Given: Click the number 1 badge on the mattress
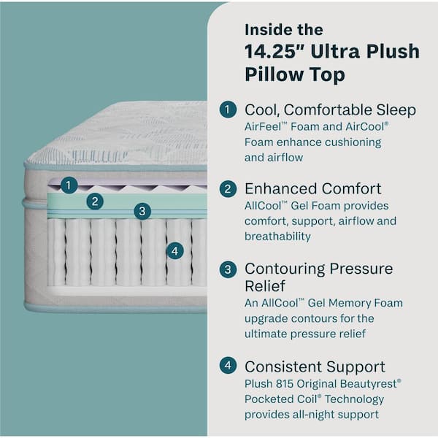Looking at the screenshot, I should click(68, 185).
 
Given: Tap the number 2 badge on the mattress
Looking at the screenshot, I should click(94, 201).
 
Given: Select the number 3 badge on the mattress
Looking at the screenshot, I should click(142, 212).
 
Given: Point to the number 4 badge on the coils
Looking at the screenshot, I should click(174, 250).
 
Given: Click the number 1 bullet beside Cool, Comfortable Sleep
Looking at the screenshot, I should click(228, 110).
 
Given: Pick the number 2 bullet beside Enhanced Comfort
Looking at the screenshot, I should click(228, 189).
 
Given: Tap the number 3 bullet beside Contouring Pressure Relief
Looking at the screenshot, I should click(228, 269).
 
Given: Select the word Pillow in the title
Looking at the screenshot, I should click(271, 74).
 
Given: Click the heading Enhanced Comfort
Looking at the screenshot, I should click(312, 189).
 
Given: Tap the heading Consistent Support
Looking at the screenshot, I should click(315, 366).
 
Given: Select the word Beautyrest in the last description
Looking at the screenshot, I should click(369, 383).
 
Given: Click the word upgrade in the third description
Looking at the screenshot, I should click(267, 318).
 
